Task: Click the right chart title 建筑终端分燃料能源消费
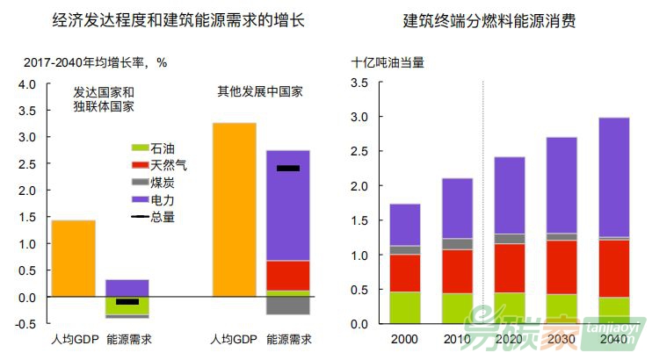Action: (x=489, y=18)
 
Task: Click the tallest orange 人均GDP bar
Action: (x=235, y=210)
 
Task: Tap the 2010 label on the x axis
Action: (x=457, y=339)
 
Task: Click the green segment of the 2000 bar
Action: (x=404, y=307)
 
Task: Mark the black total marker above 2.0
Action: (x=288, y=168)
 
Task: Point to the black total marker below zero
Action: (x=127, y=302)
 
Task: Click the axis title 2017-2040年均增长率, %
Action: (x=95, y=62)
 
